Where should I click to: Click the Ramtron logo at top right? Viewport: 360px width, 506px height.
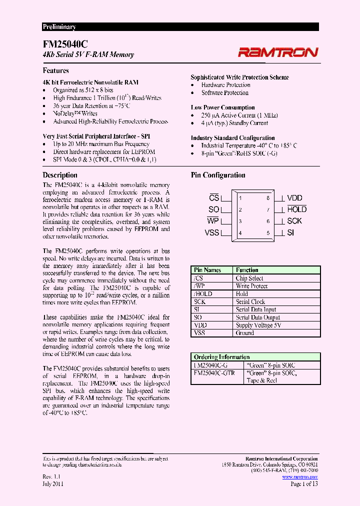point(277,51)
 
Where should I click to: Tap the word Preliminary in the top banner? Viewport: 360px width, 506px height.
point(59,27)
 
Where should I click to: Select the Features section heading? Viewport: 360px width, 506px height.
point(55,70)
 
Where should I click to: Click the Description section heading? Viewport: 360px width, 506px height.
point(60,175)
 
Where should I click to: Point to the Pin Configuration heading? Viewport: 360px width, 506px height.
point(218,175)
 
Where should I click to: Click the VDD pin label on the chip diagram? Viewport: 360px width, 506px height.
point(294,198)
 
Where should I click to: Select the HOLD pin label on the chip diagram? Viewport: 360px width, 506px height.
point(296,209)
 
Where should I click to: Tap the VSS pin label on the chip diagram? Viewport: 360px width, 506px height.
point(212,232)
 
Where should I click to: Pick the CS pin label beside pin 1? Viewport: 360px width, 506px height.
point(214,198)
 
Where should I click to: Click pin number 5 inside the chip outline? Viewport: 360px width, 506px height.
point(268,232)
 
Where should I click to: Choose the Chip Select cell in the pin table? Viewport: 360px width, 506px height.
point(249,278)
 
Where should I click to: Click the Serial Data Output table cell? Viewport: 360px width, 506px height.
point(257,317)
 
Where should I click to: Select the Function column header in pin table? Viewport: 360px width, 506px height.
point(247,270)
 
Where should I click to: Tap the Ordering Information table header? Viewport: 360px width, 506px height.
point(221,357)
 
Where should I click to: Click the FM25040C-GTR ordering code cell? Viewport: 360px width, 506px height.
point(213,373)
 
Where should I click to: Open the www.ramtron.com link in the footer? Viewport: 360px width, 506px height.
point(299,477)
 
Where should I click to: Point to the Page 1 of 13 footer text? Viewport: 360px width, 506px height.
point(303,484)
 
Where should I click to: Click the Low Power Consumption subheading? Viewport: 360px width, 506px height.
point(222,107)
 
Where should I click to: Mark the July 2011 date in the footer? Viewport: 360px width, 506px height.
point(53,484)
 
